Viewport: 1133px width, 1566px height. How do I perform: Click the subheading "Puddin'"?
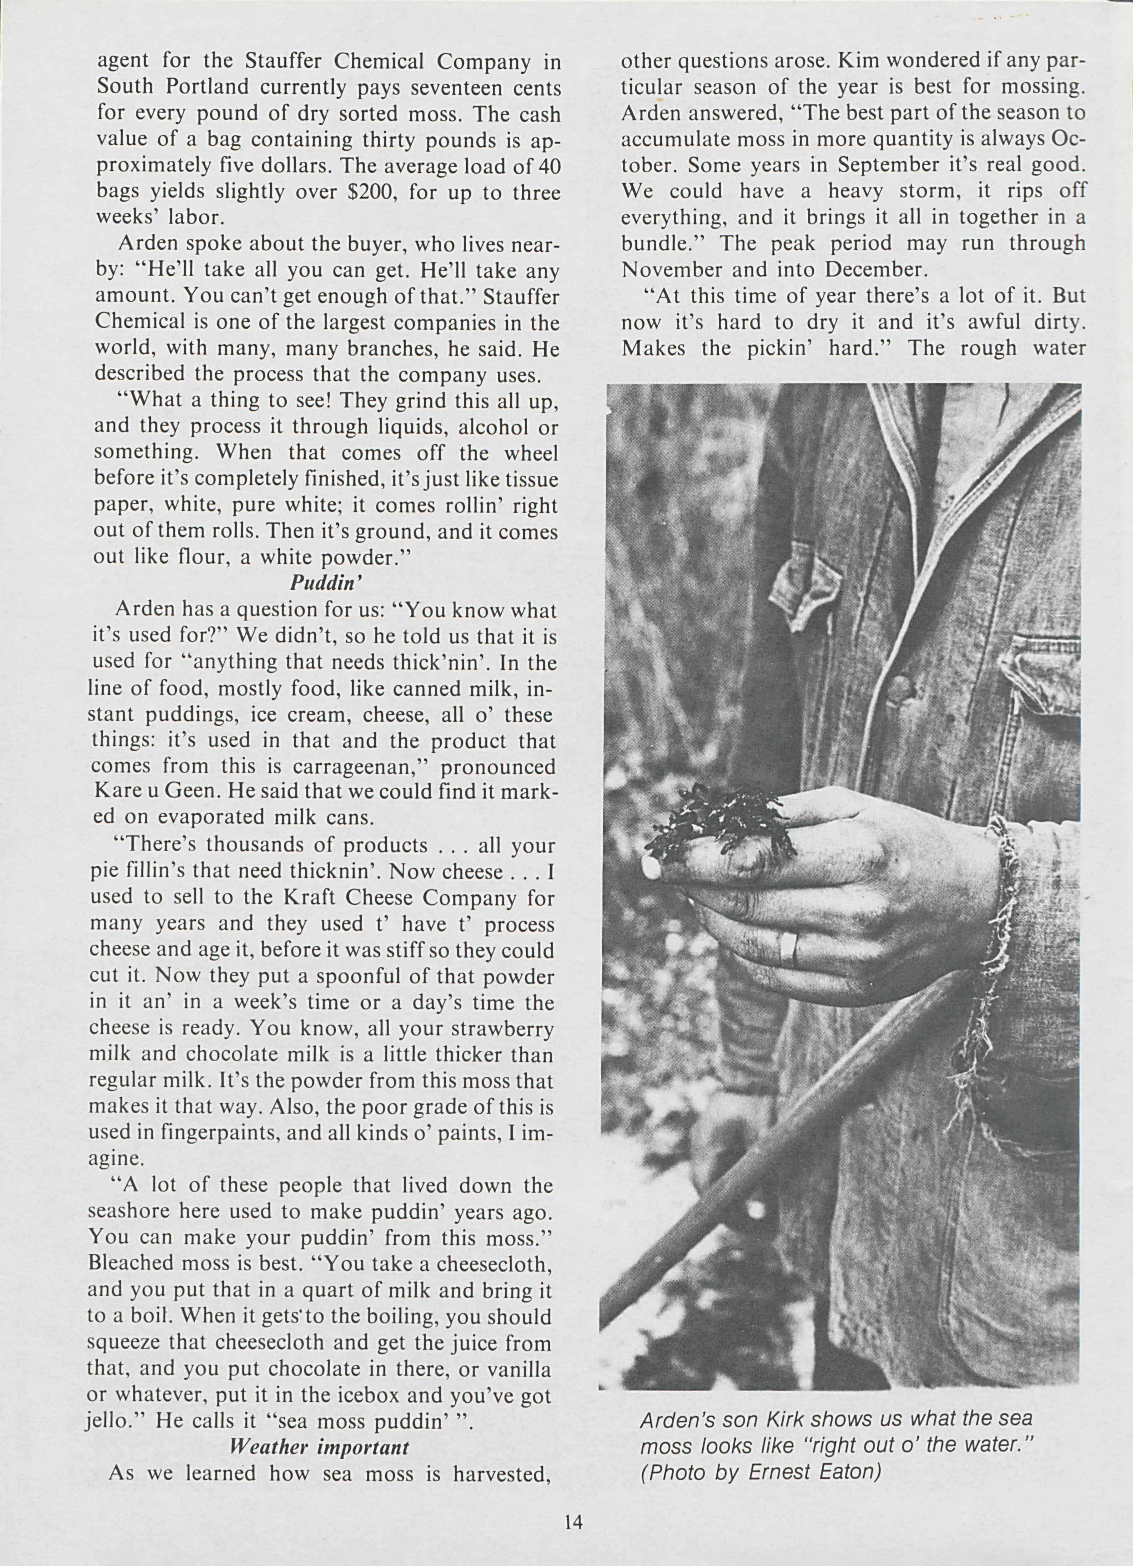[x=326, y=583]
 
